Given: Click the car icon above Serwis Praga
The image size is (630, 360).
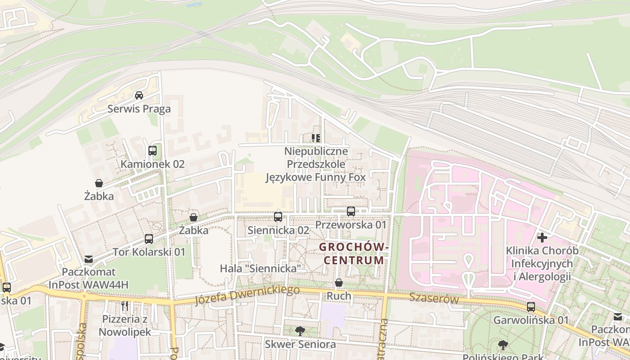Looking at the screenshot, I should tap(139, 95).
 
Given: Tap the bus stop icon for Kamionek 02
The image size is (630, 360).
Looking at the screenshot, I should tap(153, 151).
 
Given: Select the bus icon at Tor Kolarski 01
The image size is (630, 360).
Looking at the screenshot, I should tap(149, 239).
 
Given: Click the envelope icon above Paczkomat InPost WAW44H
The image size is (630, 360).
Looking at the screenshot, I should tap(89, 259).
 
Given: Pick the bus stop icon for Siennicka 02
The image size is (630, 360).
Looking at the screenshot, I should tap(278, 217).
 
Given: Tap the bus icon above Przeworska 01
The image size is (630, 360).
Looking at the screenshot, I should tap(351, 211).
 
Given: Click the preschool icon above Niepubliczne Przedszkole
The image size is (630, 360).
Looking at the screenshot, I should tap(316, 138).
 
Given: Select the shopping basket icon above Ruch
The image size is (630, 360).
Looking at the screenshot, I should tap(339, 283).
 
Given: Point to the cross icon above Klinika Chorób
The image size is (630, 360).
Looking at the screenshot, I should tap(542, 237).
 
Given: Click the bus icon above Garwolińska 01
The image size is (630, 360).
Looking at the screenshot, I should tap(531, 307).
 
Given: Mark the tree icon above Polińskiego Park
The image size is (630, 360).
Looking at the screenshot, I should tap(503, 345).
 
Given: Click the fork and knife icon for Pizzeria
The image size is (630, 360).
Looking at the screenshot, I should tap(125, 306).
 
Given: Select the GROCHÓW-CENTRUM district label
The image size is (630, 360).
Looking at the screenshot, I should tap(354, 253).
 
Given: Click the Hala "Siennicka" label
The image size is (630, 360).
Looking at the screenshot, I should tap(260, 269).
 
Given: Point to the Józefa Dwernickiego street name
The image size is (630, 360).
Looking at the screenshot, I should tap(247, 295).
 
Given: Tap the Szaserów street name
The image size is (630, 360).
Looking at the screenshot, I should tap(434, 298).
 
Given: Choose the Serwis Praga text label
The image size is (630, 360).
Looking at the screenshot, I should tap(139, 109).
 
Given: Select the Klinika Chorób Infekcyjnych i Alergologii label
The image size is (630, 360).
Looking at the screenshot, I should tap(542, 263).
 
